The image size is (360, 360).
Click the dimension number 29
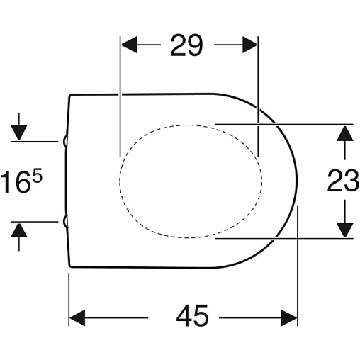(186, 45)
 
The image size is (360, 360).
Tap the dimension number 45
(193, 315)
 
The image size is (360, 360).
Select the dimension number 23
(343, 180)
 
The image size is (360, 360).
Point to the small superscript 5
(38, 175)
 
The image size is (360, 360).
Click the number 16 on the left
(16, 182)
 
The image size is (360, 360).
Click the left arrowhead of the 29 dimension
(129, 45)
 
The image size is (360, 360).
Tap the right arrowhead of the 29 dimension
(249, 45)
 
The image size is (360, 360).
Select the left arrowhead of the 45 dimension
(77, 318)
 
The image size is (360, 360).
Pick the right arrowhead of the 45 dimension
(289, 318)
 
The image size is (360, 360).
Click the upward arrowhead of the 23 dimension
(345, 133)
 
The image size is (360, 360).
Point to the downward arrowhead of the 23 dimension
(345, 230)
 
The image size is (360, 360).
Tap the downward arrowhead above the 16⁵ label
(19, 133)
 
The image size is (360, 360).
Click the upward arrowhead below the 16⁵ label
(19, 230)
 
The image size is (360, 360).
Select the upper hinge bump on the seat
(65, 142)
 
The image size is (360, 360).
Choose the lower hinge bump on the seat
(65, 222)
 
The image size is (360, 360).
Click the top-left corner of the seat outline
(69, 95)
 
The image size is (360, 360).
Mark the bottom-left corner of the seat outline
(69, 266)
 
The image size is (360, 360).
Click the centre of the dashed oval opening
(191, 181)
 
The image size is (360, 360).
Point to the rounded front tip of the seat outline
(297, 181)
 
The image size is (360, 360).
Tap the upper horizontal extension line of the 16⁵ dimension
(35, 142)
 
